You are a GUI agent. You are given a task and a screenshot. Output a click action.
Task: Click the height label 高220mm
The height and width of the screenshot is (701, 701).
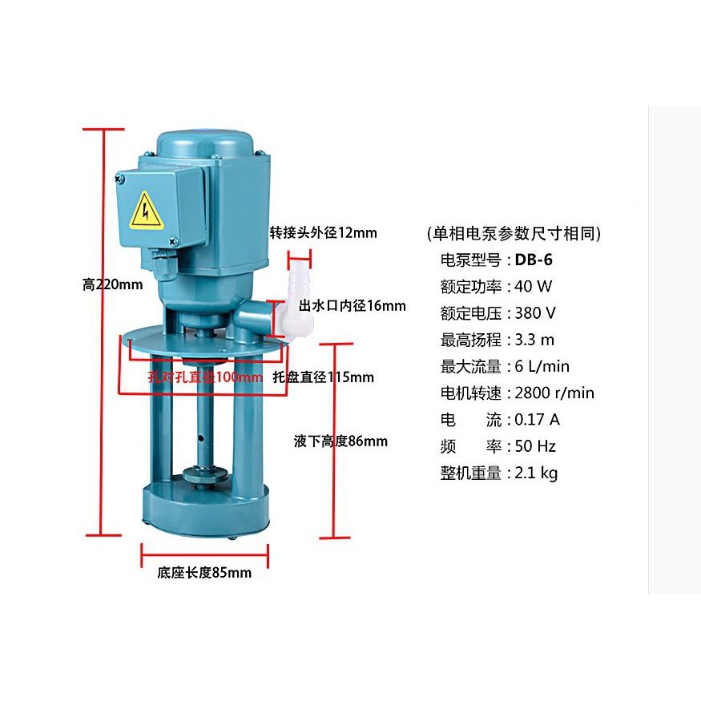[x=112, y=284]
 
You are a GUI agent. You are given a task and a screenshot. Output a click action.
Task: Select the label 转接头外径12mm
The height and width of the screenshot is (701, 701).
[x=323, y=233]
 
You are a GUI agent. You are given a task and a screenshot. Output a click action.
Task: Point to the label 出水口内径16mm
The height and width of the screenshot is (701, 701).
[x=352, y=305]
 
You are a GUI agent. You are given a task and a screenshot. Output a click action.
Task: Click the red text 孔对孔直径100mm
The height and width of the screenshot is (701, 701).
[x=206, y=377]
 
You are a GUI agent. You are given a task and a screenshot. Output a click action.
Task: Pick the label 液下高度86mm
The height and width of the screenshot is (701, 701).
[x=340, y=441]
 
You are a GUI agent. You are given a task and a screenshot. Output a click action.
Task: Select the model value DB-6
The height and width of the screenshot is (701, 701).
[x=534, y=260]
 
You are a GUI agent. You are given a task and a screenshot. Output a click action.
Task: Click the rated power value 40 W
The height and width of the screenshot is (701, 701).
[x=534, y=286]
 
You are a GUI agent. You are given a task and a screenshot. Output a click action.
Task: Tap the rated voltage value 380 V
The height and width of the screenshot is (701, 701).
[x=536, y=312]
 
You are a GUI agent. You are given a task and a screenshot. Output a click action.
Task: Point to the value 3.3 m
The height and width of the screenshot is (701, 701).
[x=535, y=340]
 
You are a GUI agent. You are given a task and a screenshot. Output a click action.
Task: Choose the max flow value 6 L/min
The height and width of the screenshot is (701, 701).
[x=542, y=366]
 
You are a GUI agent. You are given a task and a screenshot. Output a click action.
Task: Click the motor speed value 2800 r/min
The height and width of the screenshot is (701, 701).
[x=554, y=393]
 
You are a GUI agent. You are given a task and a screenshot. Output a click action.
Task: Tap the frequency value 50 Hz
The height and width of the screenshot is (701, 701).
[x=536, y=445]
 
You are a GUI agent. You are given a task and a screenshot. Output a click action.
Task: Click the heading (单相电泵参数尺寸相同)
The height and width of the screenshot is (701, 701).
[x=514, y=233]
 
